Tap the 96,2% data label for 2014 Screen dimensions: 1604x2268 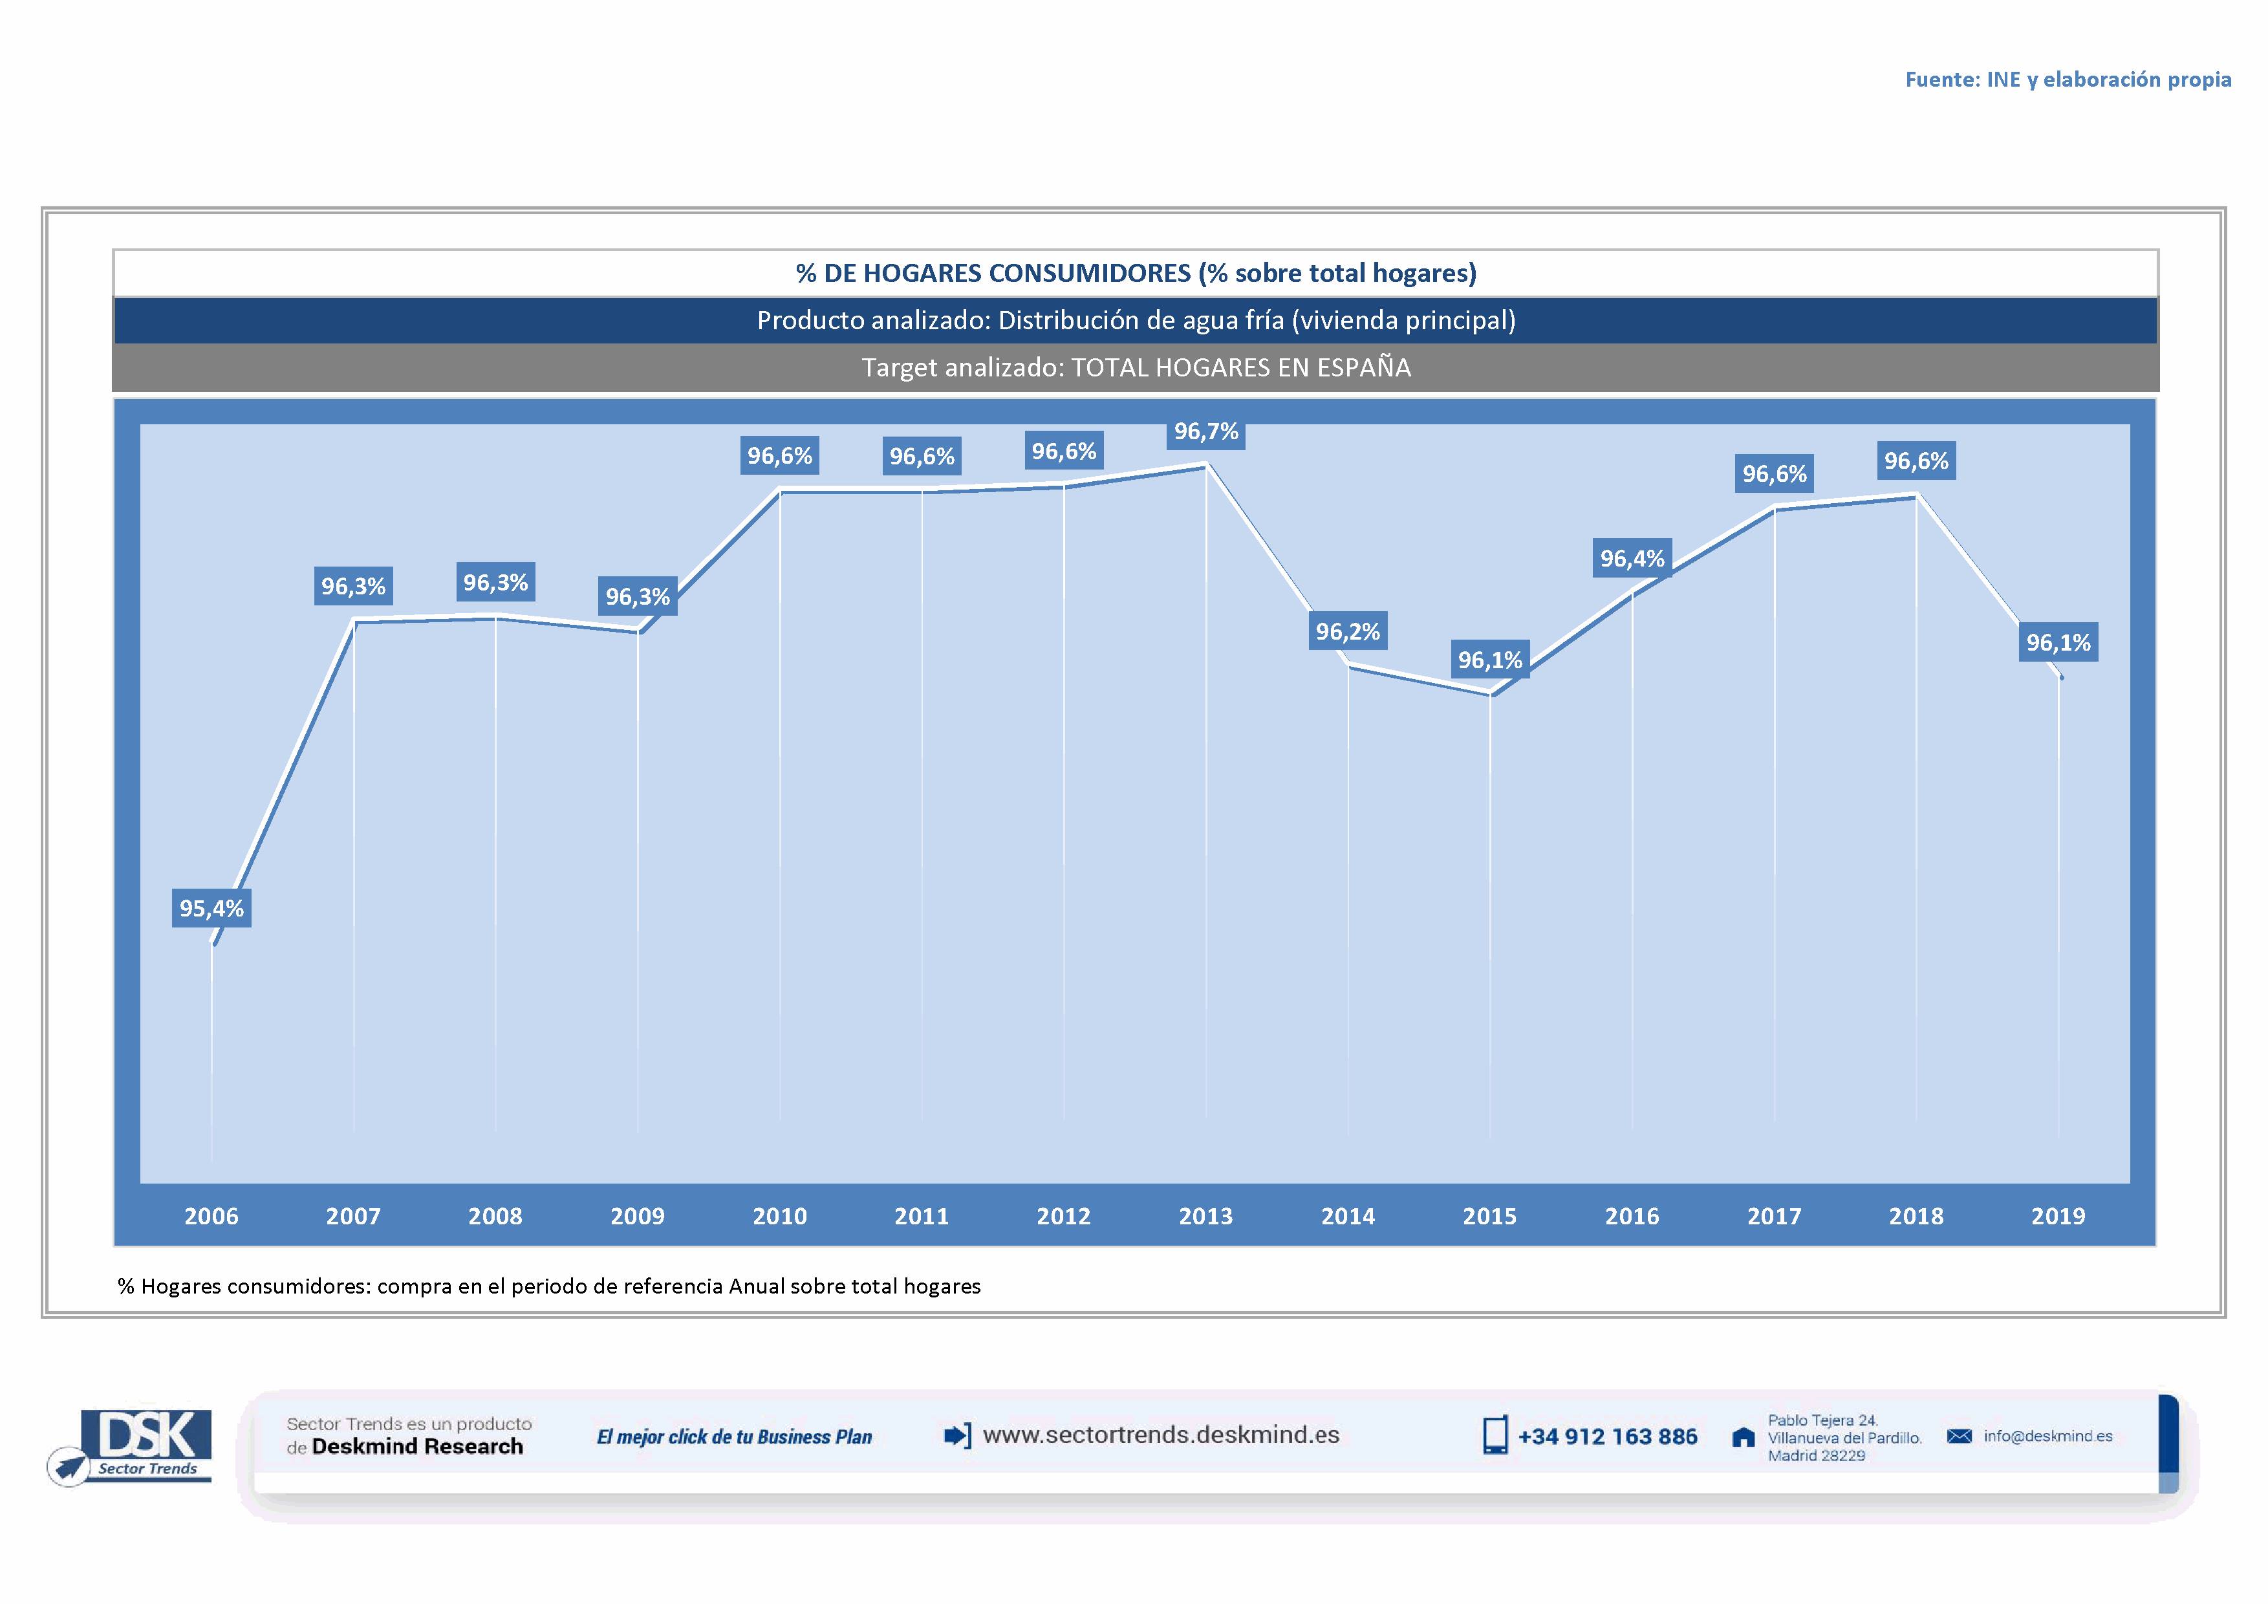coord(1347,632)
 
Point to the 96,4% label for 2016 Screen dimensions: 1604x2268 coord(1632,559)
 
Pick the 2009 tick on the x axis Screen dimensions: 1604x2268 coord(637,1216)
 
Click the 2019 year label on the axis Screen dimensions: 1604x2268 coord(2058,1216)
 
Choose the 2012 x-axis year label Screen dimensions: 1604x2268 coord(1063,1216)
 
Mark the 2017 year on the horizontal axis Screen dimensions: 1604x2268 coord(1774,1216)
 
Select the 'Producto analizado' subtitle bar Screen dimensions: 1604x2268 coord(1136,321)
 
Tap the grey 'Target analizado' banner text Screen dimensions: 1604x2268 coord(1136,367)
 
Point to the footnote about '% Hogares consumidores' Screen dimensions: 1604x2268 coord(549,1286)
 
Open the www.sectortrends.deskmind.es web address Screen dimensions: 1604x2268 coord(1161,1435)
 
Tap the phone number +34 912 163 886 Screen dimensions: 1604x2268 coord(1607,1437)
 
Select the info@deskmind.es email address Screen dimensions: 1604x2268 coord(2047,1436)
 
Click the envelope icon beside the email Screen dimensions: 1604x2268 coord(1959,1436)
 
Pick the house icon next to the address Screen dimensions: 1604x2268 coord(1744,1438)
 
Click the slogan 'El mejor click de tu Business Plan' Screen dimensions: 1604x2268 coord(734,1437)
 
